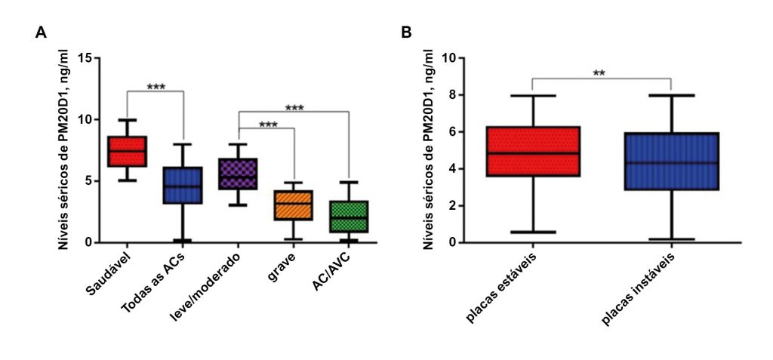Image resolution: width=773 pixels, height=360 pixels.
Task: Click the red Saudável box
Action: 127,151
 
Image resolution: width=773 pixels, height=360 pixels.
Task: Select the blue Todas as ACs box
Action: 183,185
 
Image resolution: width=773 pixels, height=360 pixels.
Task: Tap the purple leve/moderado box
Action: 238,174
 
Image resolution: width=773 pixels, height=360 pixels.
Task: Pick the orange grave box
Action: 293,205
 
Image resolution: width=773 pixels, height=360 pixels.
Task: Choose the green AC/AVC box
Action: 349,217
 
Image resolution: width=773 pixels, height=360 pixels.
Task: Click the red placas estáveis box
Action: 533,151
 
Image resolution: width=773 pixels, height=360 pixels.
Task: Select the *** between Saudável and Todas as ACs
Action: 156,87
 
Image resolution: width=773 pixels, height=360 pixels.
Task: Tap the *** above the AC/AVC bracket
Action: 294,107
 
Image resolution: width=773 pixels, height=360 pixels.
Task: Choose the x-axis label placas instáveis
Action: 637,290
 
